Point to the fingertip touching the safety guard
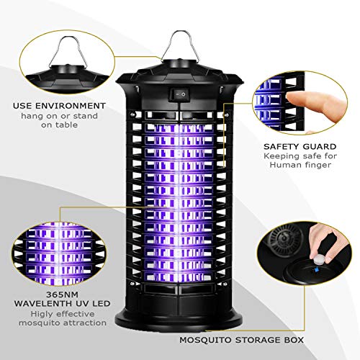pyautogui.click(x=289, y=100)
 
